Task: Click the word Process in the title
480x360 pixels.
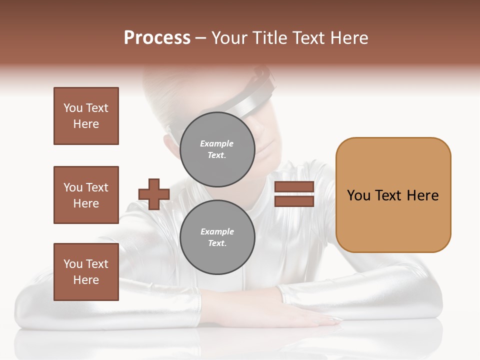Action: pos(157,38)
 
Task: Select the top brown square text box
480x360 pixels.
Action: pos(86,116)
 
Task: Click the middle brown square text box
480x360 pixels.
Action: pos(86,195)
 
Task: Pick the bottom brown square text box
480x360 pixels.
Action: pos(86,271)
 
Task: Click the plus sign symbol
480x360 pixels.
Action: pos(153,194)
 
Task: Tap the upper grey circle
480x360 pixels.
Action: pos(217,149)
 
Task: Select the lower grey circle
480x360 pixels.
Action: pos(217,237)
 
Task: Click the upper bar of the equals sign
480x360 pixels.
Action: pos(294,186)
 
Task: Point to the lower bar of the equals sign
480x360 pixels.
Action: pos(294,201)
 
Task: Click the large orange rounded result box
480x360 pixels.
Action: pos(393,195)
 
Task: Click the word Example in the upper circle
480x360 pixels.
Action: pos(216,143)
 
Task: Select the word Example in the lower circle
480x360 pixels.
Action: pos(217,231)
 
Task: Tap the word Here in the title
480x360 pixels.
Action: pos(350,38)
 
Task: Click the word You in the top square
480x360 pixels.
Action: pos(72,108)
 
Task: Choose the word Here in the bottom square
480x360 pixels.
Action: pos(86,280)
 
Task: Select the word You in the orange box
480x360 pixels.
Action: pos(358,195)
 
